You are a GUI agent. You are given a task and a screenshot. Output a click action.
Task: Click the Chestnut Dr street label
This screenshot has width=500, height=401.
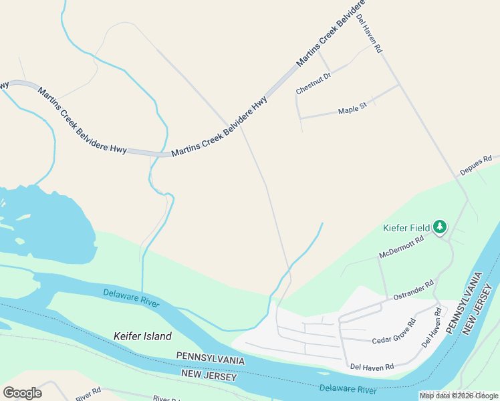pyautogui.click(x=314, y=84)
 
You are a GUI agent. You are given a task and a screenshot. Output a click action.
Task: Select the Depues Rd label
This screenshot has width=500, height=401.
pyautogui.click(x=475, y=166)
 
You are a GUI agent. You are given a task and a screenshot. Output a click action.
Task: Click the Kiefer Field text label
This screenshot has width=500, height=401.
pyautogui.click(x=406, y=228)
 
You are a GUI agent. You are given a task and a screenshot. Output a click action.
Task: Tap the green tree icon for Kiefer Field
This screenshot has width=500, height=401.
pyautogui.click(x=439, y=228)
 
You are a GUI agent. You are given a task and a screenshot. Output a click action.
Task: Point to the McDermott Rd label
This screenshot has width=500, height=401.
pyautogui.click(x=402, y=247)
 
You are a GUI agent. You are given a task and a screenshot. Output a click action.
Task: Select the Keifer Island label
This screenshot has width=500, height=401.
pyautogui.click(x=142, y=336)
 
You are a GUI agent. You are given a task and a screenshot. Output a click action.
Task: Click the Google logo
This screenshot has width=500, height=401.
pyautogui.click(x=22, y=393)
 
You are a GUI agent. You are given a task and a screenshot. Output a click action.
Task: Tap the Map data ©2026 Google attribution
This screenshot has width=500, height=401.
pyautogui.click(x=459, y=396)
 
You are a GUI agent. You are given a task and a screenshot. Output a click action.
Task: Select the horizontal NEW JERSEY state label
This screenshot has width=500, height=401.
pyautogui.click(x=209, y=377)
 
